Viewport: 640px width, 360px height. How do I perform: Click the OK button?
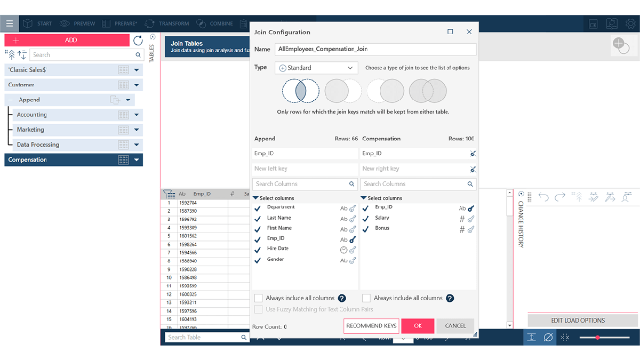418,326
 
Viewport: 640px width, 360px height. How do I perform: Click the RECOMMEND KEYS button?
371,326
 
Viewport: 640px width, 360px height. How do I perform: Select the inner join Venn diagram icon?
300,91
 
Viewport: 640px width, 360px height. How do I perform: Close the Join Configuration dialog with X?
469,32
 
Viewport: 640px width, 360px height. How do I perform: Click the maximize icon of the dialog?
450,32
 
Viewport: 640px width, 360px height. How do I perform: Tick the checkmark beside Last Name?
257,219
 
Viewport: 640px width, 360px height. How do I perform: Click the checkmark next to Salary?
366,219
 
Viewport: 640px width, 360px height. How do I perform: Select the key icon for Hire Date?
353,250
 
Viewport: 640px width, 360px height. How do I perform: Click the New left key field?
305,169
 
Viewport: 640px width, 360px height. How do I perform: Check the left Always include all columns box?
259,298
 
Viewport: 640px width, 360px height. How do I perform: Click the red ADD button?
67,40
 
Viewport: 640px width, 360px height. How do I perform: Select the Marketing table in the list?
30,130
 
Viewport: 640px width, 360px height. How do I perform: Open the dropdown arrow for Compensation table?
137,160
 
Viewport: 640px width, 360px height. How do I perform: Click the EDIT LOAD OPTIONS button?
578,321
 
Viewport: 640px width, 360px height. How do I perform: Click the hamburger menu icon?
10,23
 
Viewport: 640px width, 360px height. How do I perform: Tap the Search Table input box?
203,337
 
